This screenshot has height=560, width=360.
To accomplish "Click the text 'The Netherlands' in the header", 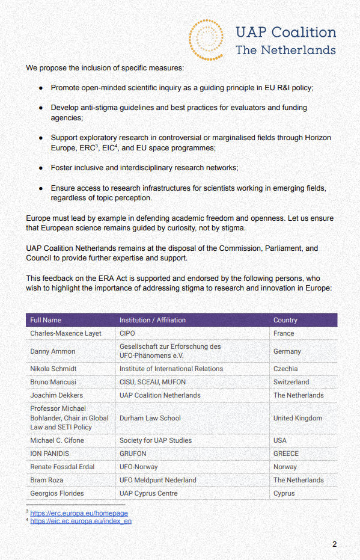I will point(285,49).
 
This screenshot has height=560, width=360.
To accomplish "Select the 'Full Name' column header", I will point(46,320).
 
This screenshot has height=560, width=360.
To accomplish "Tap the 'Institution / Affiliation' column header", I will point(152,320).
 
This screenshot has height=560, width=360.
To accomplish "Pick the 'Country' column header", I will point(285,320).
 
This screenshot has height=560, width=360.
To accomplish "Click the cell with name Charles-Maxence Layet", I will point(66,333).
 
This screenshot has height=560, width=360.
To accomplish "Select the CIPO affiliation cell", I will point(128,333).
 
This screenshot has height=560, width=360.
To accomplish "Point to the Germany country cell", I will point(287,351).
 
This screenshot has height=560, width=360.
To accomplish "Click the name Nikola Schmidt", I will point(53,369).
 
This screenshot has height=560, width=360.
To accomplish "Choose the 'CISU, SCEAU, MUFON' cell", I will point(152,382).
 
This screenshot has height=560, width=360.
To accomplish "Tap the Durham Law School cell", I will point(150,418).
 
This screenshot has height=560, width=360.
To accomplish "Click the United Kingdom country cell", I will point(297,418).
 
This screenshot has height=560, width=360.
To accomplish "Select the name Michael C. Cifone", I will point(57,440).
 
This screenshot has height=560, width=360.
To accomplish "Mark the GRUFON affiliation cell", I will point(133,454).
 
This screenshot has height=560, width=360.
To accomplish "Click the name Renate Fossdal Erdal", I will point(62,467).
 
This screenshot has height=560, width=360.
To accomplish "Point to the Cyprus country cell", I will point(284,493).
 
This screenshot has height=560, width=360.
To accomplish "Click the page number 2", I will point(334,544).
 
